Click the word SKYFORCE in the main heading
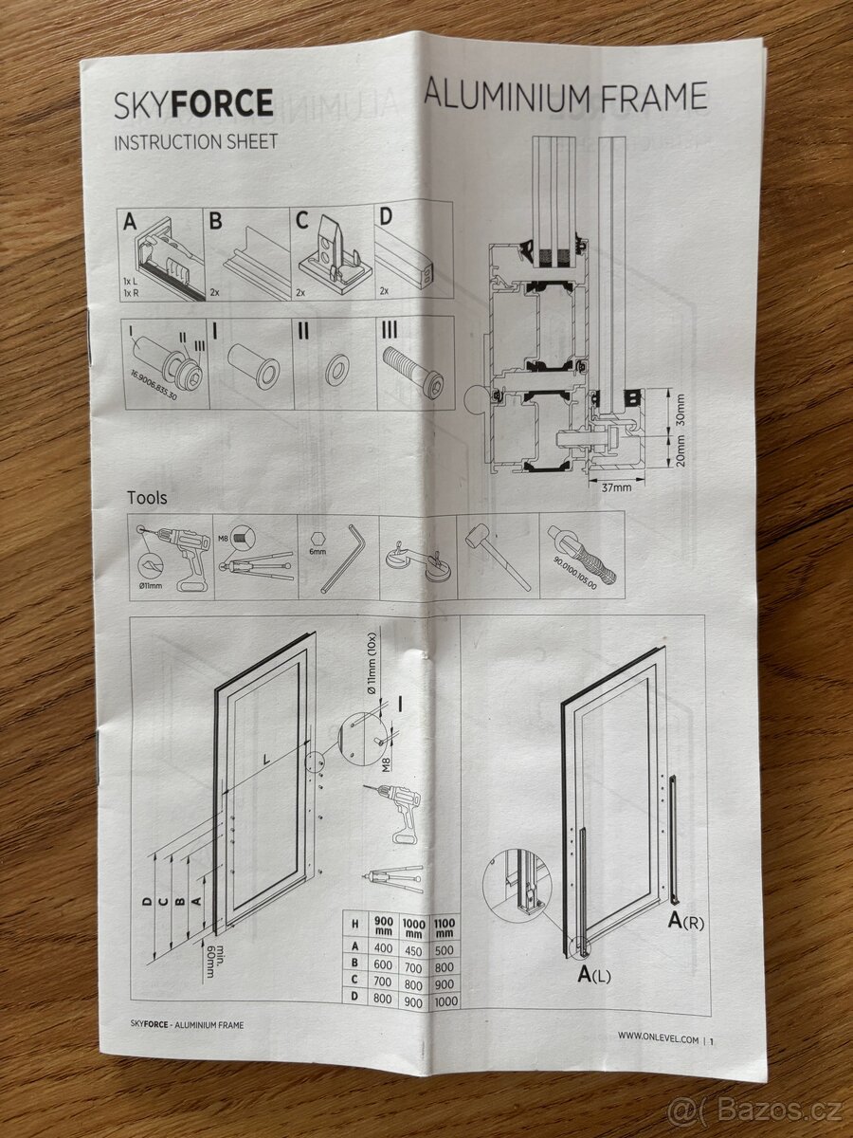[193, 103]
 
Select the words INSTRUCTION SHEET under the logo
[195, 142]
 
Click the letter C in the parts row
[302, 220]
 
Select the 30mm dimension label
[680, 411]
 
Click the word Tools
[147, 498]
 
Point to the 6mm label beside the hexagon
[318, 552]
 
